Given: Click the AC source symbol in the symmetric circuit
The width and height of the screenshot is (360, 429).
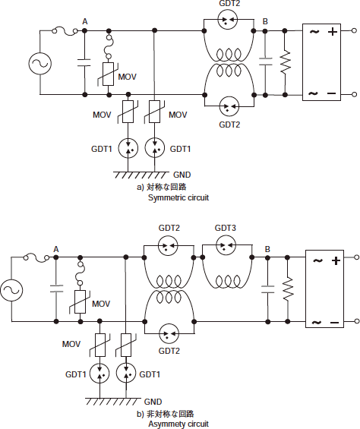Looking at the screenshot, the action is click(40, 64).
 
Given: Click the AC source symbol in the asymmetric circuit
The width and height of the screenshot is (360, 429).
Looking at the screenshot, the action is click(11, 290).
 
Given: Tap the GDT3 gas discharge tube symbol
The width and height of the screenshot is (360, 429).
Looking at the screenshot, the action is click(226, 245).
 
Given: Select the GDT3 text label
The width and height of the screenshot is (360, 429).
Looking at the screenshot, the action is click(225, 228).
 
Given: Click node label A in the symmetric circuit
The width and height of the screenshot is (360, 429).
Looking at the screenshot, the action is click(85, 21).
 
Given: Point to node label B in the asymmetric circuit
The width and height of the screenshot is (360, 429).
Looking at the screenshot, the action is click(267, 249).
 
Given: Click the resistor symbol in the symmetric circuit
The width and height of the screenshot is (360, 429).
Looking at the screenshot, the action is click(285, 62).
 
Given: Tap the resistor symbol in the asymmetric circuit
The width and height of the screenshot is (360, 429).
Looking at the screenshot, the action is click(288, 289).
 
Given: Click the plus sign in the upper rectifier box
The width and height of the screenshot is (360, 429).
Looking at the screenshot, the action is click(333, 32).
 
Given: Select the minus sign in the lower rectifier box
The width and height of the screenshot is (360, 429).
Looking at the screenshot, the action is click(334, 323).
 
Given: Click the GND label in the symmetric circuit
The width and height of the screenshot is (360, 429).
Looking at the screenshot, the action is click(182, 175).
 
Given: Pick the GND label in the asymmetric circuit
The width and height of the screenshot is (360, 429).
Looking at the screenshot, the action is click(153, 402).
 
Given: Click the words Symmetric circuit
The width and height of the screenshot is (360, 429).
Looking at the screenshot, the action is click(178, 197).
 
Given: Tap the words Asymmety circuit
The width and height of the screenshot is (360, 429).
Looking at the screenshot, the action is click(178, 424).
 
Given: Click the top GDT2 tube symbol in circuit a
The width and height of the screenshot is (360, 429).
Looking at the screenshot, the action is click(228, 19).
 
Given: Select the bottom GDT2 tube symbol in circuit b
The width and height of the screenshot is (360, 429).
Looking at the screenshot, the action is click(169, 333).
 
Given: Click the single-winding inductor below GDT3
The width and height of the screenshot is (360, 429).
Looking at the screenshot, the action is click(227, 281).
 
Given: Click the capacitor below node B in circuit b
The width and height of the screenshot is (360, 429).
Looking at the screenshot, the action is click(268, 289).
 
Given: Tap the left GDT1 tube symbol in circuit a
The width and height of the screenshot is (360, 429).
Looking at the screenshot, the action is click(128, 149).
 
